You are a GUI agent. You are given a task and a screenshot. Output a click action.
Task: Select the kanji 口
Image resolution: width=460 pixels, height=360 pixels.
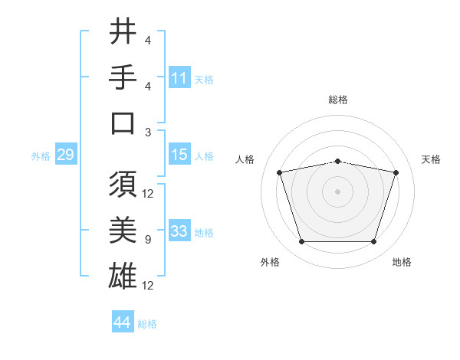[x=123, y=123]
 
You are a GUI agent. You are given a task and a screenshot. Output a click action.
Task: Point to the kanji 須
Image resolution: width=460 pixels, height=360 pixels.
[x=123, y=185]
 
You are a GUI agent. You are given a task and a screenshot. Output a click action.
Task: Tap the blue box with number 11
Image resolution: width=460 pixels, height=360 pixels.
[x=179, y=78]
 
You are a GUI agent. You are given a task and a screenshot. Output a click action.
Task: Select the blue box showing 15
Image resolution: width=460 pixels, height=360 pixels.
[x=179, y=155]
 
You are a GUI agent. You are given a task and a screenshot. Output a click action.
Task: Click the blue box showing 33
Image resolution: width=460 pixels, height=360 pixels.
[x=179, y=231]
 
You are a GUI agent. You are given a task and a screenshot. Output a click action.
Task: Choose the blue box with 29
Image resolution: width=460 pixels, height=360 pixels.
[x=65, y=155]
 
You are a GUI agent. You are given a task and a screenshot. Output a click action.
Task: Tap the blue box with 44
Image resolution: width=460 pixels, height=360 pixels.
[x=122, y=322]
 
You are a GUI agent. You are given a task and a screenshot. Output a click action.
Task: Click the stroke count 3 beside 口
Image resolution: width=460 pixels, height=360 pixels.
[x=147, y=132]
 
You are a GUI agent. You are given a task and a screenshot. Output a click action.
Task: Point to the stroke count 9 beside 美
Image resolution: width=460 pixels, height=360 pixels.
[x=147, y=240]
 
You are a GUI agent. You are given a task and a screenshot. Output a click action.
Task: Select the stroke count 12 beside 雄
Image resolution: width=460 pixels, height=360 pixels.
[x=148, y=286]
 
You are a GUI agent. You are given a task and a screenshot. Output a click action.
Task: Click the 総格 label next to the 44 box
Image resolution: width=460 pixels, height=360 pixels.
[x=147, y=324]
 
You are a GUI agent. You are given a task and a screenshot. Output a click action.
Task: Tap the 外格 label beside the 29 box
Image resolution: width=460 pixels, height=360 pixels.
[x=41, y=156]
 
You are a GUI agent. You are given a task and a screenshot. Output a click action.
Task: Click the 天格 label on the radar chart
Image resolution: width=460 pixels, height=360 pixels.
[x=432, y=159]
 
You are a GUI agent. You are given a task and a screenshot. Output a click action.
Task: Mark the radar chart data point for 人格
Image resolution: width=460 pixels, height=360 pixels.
[x=279, y=172]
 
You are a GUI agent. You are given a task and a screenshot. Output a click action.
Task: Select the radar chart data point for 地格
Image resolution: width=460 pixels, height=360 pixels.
[x=373, y=242]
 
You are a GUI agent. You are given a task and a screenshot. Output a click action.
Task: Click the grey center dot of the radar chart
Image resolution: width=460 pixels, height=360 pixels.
[x=337, y=191]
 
